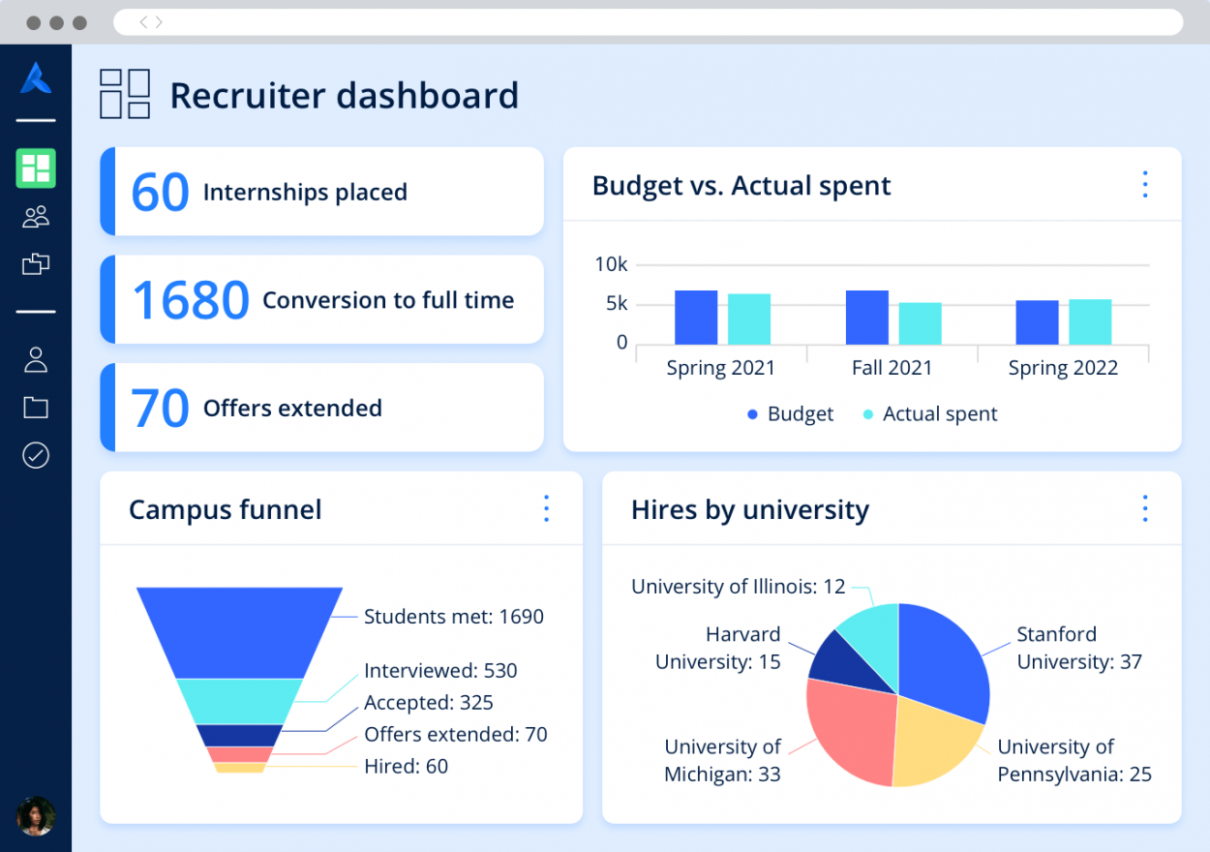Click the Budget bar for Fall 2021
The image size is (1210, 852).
coord(866,318)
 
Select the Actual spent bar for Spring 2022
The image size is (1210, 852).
coord(1090,321)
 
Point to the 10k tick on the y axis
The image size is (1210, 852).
coord(611,264)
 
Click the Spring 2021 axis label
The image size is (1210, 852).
coord(720,368)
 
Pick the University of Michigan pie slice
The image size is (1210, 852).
coord(847,726)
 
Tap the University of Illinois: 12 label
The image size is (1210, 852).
coord(738,587)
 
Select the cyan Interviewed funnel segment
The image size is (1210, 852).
coord(239,701)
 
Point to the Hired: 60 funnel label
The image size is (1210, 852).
coord(406,766)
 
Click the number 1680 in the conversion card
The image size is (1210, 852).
coord(190,300)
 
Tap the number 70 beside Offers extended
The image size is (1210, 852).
coord(160,409)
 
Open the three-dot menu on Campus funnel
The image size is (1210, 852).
coord(546,509)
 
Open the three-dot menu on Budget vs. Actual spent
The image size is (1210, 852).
coord(1145,185)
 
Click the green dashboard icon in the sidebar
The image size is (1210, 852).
coord(36,168)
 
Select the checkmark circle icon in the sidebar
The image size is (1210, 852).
coord(36,455)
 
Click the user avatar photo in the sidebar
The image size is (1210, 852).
coord(36,816)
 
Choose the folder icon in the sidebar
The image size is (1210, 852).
coord(36,408)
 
